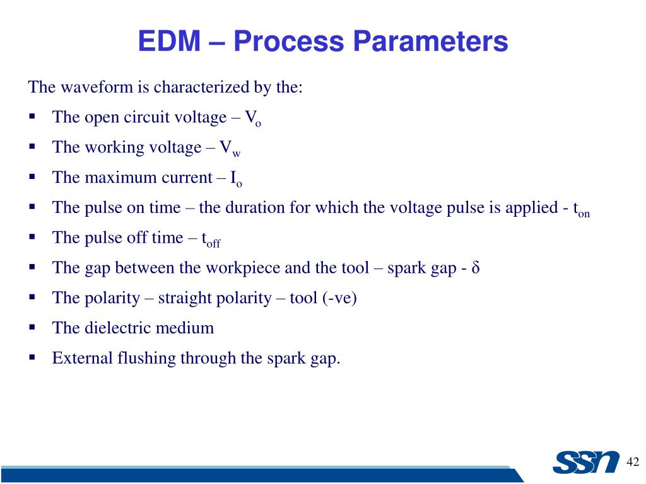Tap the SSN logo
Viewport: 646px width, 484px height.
(x=586, y=462)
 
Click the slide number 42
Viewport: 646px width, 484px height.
(x=633, y=463)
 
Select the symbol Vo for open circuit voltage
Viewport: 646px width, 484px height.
(x=253, y=118)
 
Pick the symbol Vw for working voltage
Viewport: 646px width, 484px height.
(x=230, y=149)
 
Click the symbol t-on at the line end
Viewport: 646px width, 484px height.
(x=581, y=210)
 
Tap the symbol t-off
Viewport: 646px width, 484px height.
(x=211, y=239)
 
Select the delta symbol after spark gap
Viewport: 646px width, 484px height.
(x=476, y=268)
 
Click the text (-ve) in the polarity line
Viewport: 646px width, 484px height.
(x=341, y=298)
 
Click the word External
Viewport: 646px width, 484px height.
(x=82, y=359)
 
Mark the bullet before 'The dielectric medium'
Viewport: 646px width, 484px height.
(x=32, y=328)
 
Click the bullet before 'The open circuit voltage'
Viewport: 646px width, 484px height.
(x=32, y=117)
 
